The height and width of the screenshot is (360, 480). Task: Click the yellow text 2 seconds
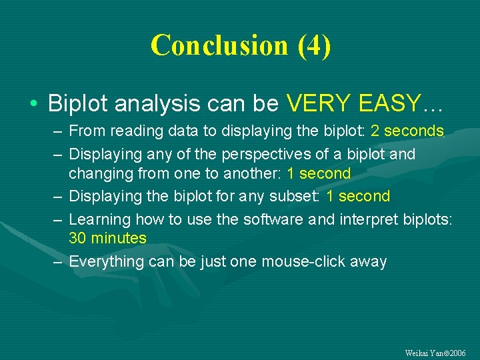[x=407, y=131]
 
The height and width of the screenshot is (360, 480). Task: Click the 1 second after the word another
[x=318, y=173]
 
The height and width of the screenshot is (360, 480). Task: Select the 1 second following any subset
[x=357, y=196]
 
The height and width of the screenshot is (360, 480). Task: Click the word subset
[x=297, y=196]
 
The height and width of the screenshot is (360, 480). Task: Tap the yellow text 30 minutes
[x=107, y=238]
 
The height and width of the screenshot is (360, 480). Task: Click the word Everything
[x=107, y=261]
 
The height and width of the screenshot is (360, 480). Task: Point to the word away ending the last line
[x=368, y=261]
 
